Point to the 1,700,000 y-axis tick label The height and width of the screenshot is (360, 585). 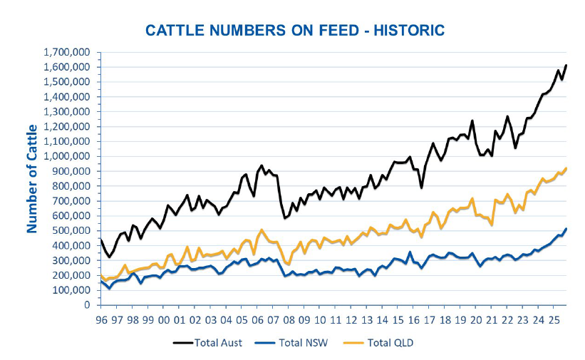[67, 52]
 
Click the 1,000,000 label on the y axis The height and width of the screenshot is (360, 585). [67, 156]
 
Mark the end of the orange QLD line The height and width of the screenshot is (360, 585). [566, 168]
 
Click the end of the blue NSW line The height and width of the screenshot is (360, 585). [566, 229]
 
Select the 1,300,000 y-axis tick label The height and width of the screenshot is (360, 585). [67, 111]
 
